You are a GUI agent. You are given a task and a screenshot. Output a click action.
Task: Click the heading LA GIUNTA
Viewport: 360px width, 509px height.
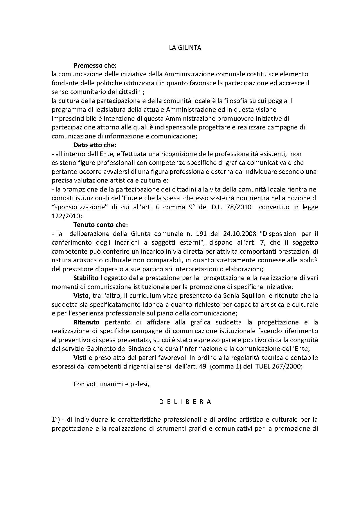tap(185, 48)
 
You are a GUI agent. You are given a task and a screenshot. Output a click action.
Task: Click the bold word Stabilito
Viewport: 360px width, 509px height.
tap(86, 278)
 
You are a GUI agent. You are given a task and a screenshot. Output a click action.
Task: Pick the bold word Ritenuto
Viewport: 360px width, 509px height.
tap(86, 322)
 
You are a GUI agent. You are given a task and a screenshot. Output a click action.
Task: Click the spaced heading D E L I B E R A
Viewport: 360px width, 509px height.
tap(185, 402)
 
